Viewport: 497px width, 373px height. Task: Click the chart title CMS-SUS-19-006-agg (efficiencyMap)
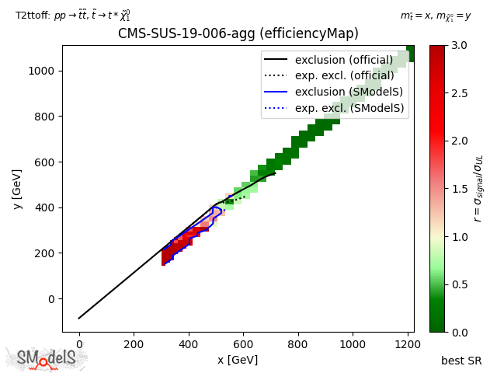[238, 33]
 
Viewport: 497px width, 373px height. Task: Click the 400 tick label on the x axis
[189, 344]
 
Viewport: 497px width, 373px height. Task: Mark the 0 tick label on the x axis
[78, 344]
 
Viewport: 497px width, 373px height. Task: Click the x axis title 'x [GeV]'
[238, 360]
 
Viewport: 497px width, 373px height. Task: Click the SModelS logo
[47, 358]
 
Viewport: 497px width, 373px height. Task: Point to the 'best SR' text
[461, 361]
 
